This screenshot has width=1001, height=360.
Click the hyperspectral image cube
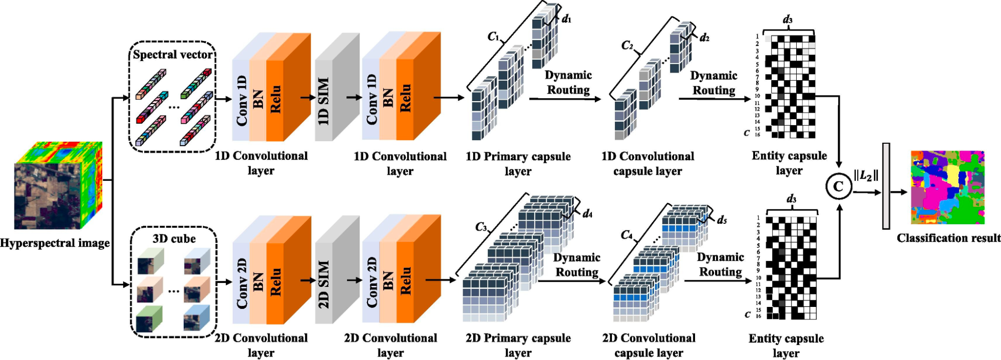[58, 185]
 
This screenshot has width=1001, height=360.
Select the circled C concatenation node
[838, 186]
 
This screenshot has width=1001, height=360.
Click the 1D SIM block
[337, 87]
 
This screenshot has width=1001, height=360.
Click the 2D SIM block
[337, 270]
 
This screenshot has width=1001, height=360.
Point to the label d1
[566, 19]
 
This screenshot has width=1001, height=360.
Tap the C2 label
[627, 46]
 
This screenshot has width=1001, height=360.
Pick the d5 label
[722, 220]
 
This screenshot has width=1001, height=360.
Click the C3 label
[481, 227]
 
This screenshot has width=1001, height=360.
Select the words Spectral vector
[173, 54]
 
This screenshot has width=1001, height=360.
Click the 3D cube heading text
[174, 238]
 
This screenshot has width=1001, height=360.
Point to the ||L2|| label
[866, 176]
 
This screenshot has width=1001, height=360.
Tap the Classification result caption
[948, 238]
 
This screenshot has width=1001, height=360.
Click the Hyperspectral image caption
[55, 243]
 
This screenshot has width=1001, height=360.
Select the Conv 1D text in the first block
[241, 101]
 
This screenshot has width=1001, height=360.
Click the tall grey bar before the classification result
[886, 186]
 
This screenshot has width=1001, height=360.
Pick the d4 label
[587, 214]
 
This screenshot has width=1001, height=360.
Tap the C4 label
[626, 235]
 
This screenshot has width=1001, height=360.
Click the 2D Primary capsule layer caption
[518, 345]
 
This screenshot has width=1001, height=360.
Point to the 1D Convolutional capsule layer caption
[648, 164]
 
